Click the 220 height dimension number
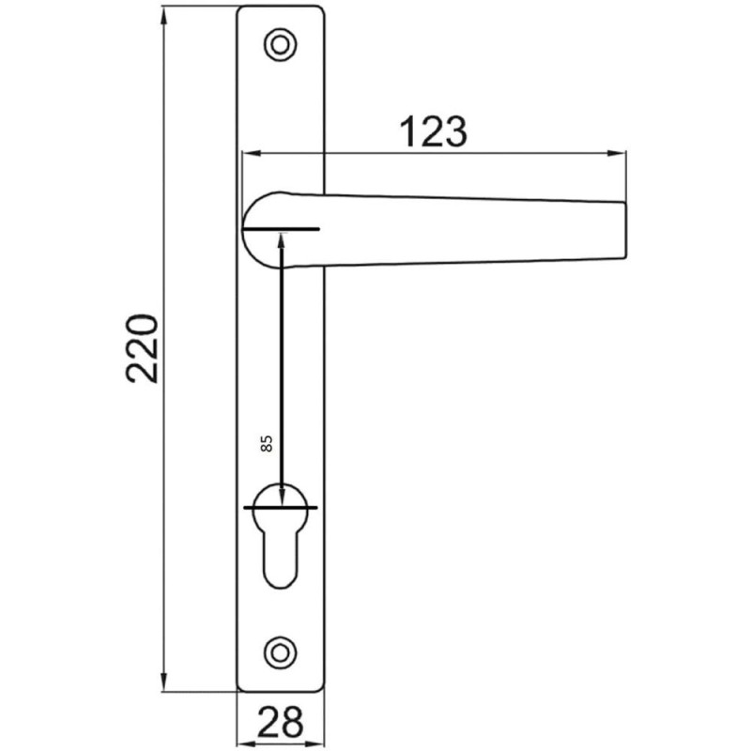143,347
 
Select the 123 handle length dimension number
434,132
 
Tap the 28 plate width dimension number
280,722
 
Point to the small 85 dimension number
266,444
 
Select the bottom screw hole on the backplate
279,650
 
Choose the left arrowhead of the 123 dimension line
249,152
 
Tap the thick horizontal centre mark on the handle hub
282,230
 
